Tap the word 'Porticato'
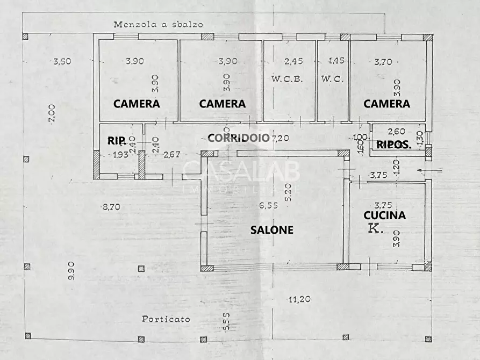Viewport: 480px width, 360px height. (166, 319)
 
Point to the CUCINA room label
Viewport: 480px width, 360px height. (385, 215)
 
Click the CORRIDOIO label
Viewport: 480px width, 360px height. (238, 138)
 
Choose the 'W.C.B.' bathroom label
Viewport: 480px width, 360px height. (287, 78)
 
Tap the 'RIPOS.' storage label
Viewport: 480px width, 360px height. (394, 144)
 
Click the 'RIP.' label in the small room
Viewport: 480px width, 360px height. (117, 141)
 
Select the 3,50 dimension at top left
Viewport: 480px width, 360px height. (62, 61)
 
